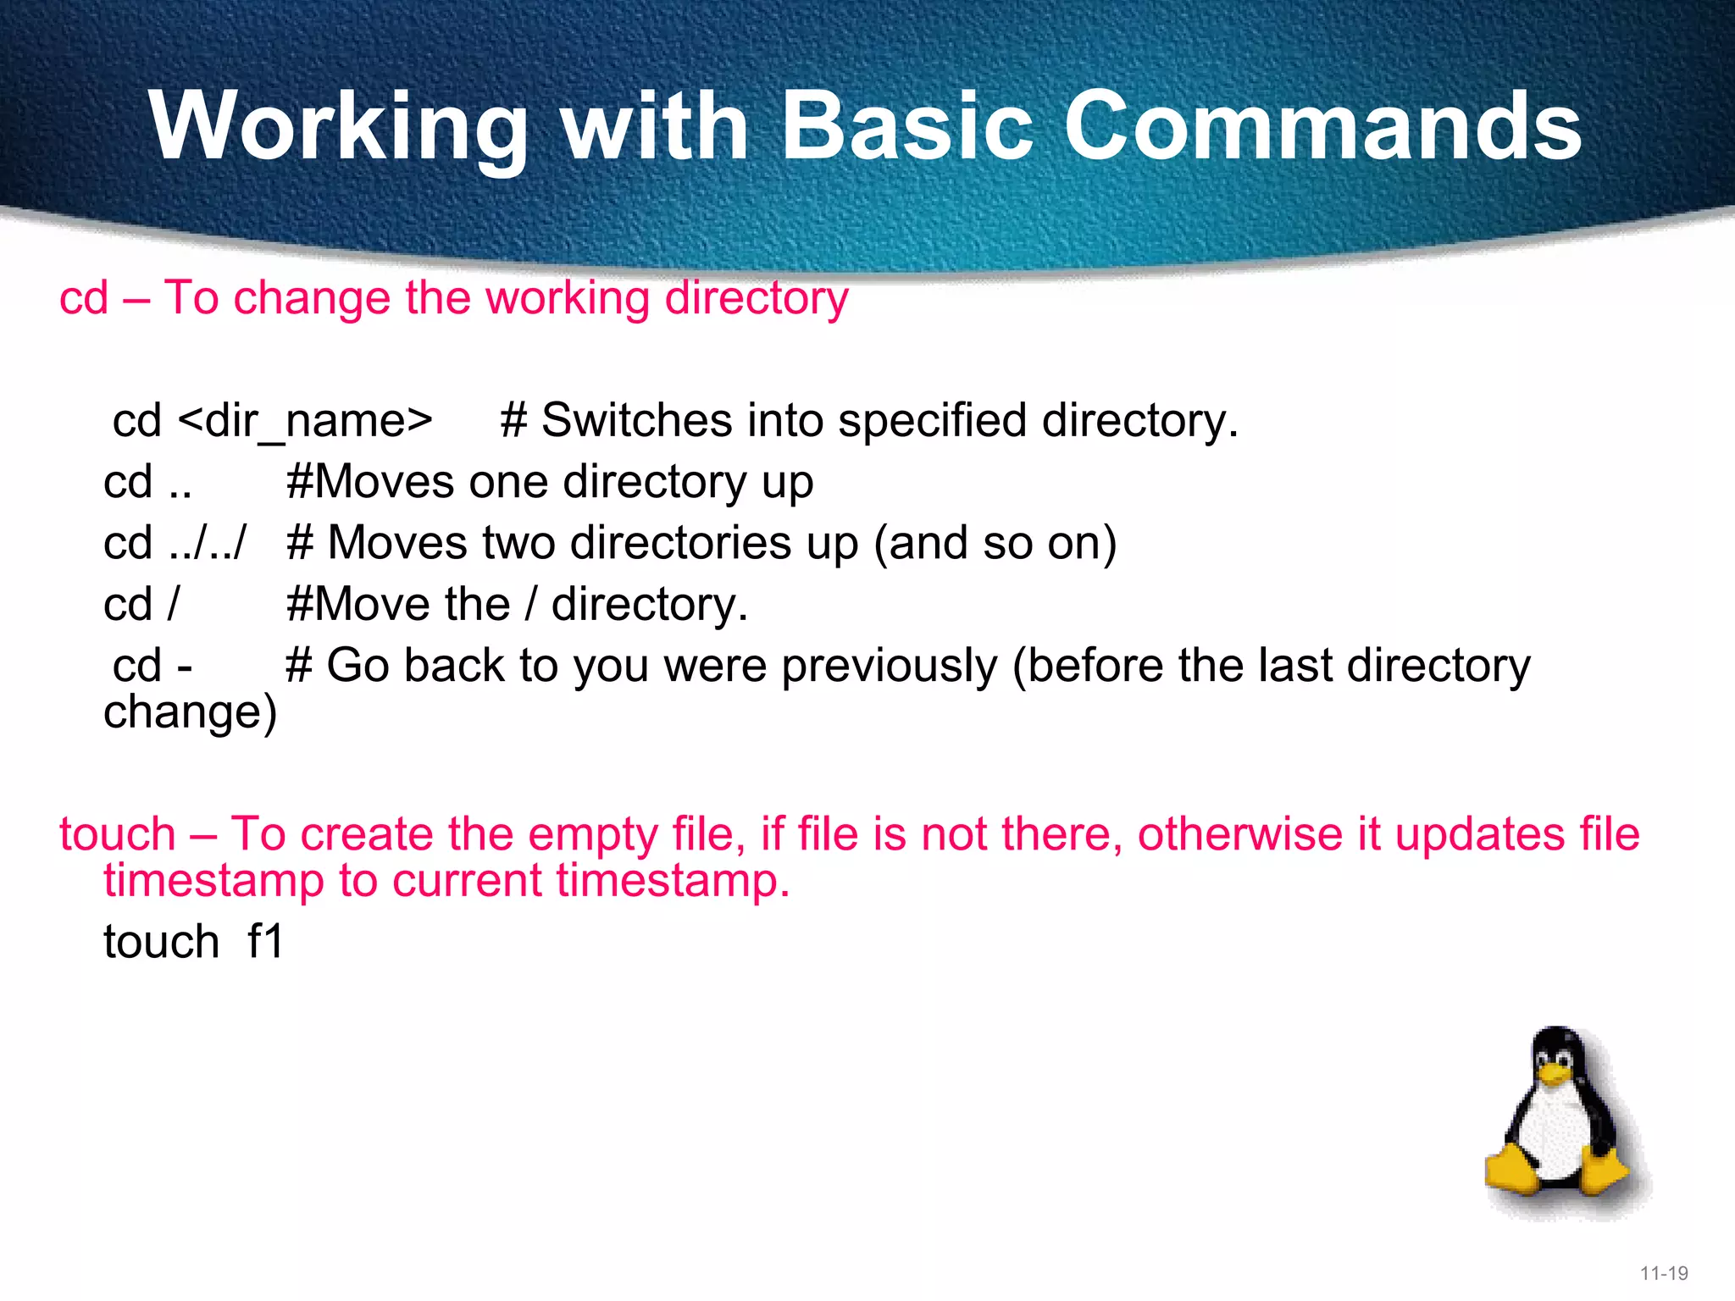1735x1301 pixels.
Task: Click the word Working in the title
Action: [x=339, y=127]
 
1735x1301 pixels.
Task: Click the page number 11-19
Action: [x=1664, y=1273]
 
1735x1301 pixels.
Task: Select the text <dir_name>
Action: [x=306, y=421]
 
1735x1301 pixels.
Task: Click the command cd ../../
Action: [x=175, y=543]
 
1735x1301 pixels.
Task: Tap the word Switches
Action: [x=636, y=421]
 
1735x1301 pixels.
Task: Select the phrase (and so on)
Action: [x=995, y=543]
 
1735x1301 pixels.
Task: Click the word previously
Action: [x=890, y=666]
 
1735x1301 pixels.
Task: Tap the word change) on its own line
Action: [x=190, y=712]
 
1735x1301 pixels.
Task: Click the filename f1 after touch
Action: [x=265, y=942]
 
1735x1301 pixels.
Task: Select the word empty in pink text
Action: [x=592, y=835]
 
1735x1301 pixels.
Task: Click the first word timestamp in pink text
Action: [x=213, y=881]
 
